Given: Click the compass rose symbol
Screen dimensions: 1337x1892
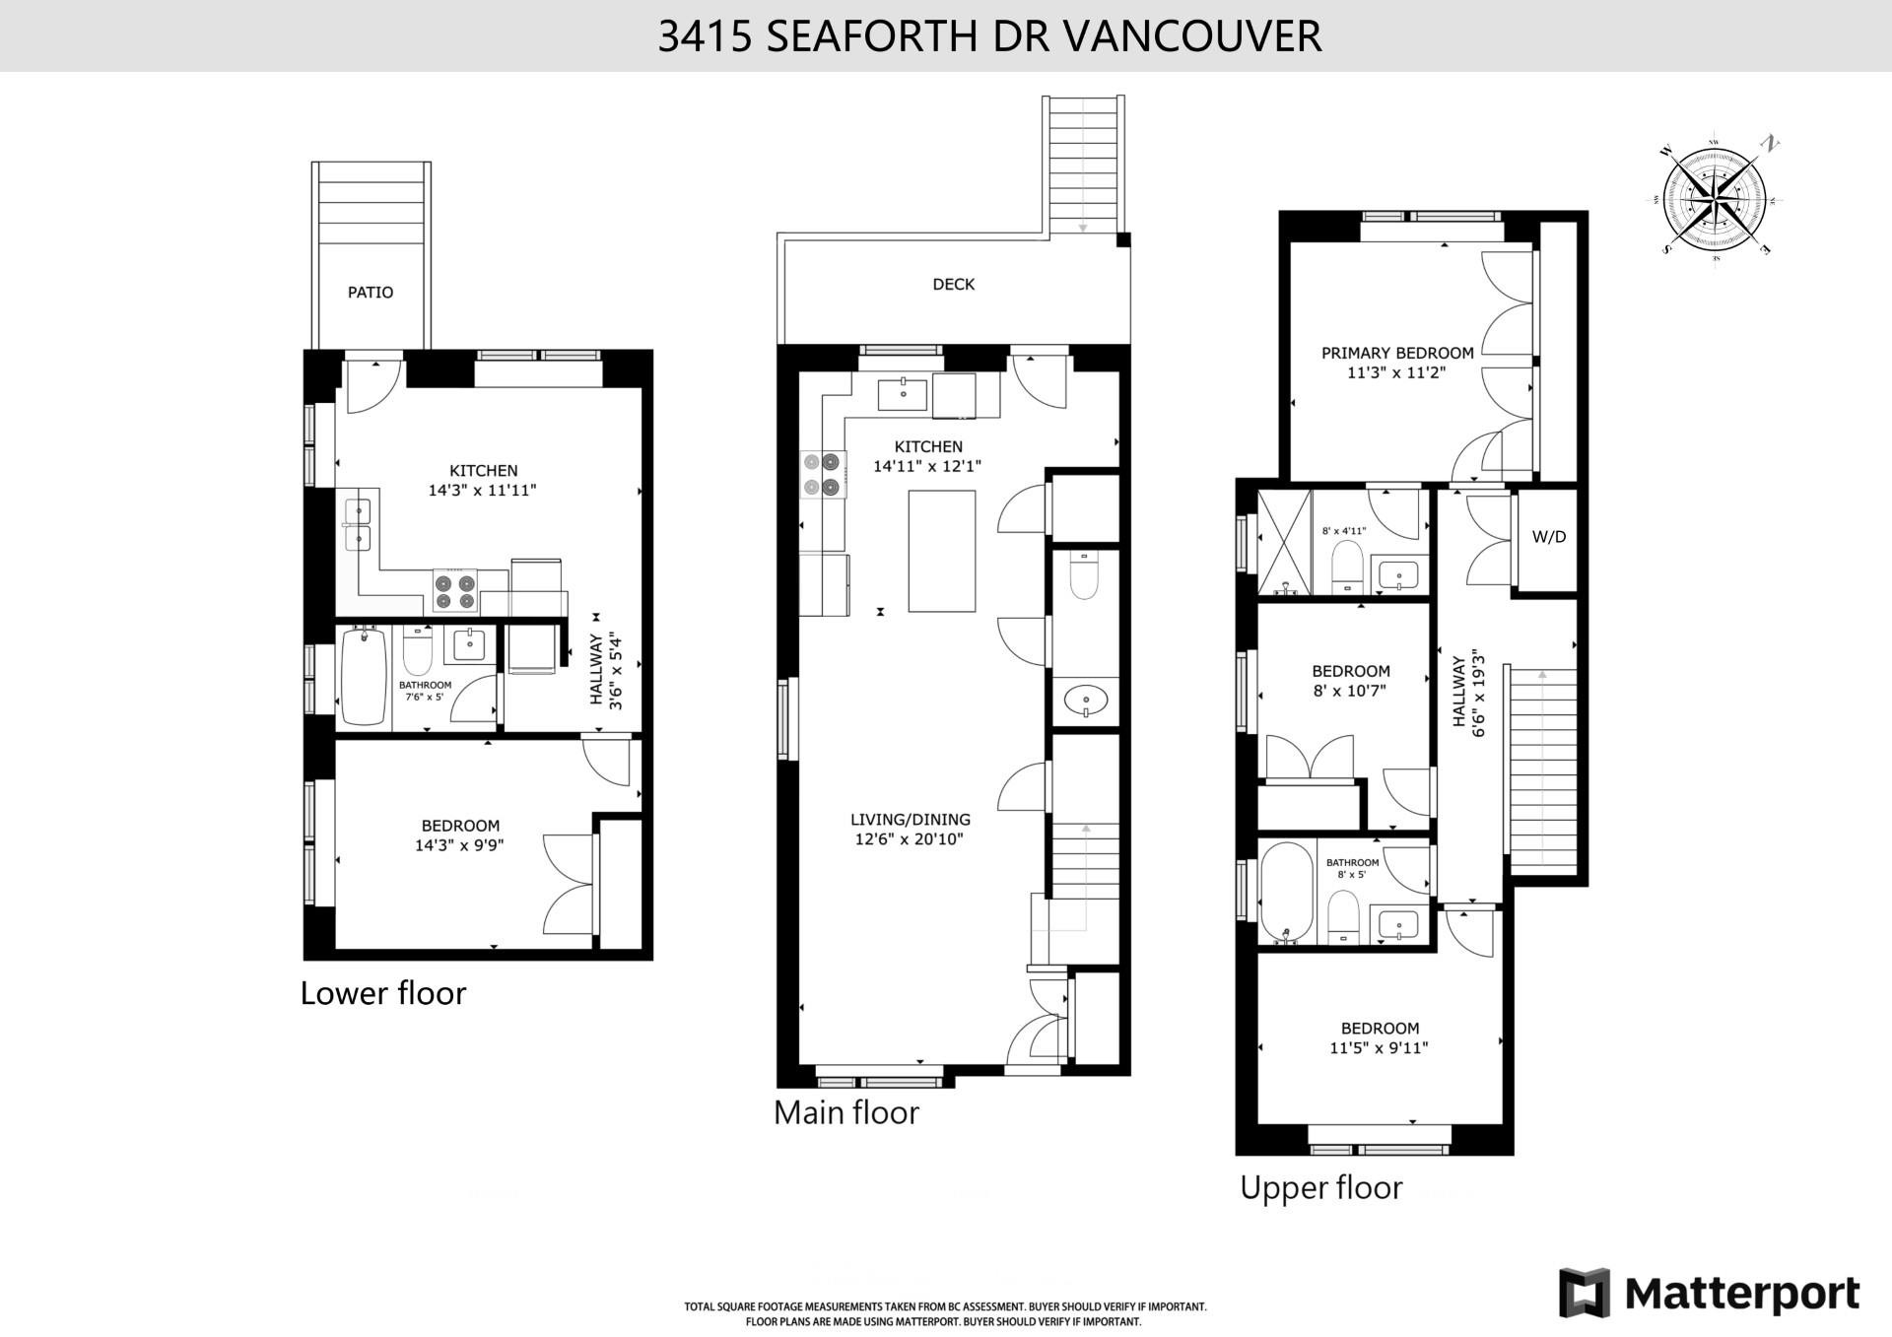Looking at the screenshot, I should coord(1716,196).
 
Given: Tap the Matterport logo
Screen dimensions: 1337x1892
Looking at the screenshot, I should coord(1709,1292).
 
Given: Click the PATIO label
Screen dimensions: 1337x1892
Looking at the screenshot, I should coord(371,293).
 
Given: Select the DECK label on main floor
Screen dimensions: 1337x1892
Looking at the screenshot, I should coord(953,285).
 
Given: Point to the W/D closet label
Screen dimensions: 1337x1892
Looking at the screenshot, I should coord(1548,537).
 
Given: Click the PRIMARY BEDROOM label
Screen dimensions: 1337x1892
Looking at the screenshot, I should coord(1397,353).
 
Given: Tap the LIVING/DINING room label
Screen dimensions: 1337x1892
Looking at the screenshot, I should coord(910,820).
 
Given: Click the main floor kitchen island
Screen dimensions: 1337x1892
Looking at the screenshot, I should coord(941,551).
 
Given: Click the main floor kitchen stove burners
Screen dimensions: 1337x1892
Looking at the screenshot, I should coord(824,473).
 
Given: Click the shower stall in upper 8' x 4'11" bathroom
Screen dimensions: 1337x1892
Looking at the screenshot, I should coord(1284,543).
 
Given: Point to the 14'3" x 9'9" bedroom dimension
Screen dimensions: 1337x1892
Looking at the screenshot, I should coord(459,844).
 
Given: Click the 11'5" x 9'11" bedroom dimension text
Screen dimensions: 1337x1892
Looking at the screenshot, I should coord(1379,1048).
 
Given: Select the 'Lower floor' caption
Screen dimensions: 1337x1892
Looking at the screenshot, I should coord(382,993).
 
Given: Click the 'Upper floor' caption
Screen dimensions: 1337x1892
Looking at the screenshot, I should coord(1320,1188).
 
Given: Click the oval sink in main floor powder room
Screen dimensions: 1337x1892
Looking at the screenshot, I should coord(1085,702).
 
